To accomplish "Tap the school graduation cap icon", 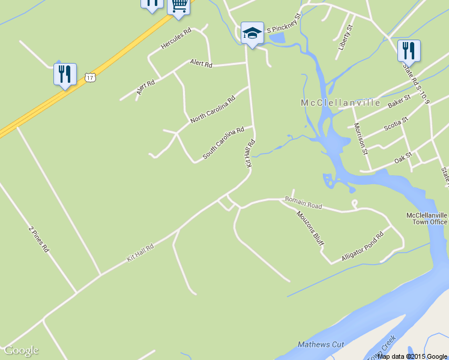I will [x=252, y=34].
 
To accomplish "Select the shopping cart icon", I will [x=179, y=5].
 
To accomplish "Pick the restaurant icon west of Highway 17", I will [x=64, y=74].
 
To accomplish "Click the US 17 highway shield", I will [x=90, y=77].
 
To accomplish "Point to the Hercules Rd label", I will [x=175, y=38].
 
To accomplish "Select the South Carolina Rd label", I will [x=223, y=142].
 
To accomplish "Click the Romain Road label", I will [x=303, y=203].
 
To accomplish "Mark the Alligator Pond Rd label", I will [x=362, y=247].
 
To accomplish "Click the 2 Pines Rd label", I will [x=38, y=239].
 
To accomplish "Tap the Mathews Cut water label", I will [x=321, y=344].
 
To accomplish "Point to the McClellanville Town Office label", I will [x=426, y=218].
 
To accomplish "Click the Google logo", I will [x=21, y=350].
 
